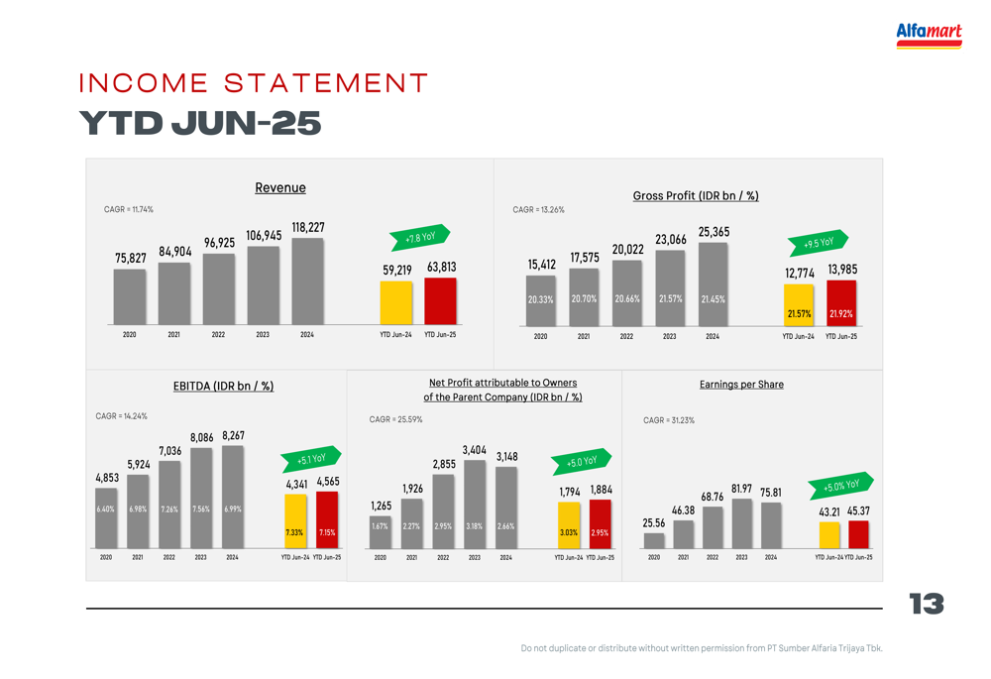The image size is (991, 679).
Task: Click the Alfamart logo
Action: point(929,35)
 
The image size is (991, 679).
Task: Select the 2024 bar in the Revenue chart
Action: point(307,282)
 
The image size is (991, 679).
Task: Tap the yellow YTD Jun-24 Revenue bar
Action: point(395,302)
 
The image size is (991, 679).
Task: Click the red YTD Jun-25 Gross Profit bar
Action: point(840,302)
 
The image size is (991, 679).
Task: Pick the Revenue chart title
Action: point(280,187)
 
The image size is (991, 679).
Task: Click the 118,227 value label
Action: point(307,228)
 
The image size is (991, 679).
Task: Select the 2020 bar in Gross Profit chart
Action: point(540,300)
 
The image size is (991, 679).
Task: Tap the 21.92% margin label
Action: point(840,314)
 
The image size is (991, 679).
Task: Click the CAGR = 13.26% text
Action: point(538,210)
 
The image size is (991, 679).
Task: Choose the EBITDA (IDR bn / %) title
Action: point(223,386)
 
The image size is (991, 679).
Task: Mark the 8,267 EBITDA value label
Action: point(233,435)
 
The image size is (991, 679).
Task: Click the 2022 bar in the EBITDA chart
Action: point(169,505)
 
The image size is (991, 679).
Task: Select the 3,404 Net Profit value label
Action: point(475,450)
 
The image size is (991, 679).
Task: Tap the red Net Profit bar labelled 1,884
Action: point(600,523)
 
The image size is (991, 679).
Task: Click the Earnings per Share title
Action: point(741,385)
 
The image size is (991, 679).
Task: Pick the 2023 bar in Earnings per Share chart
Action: point(741,523)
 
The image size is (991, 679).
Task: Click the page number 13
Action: point(927,604)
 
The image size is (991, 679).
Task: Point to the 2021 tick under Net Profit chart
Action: point(411,558)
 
